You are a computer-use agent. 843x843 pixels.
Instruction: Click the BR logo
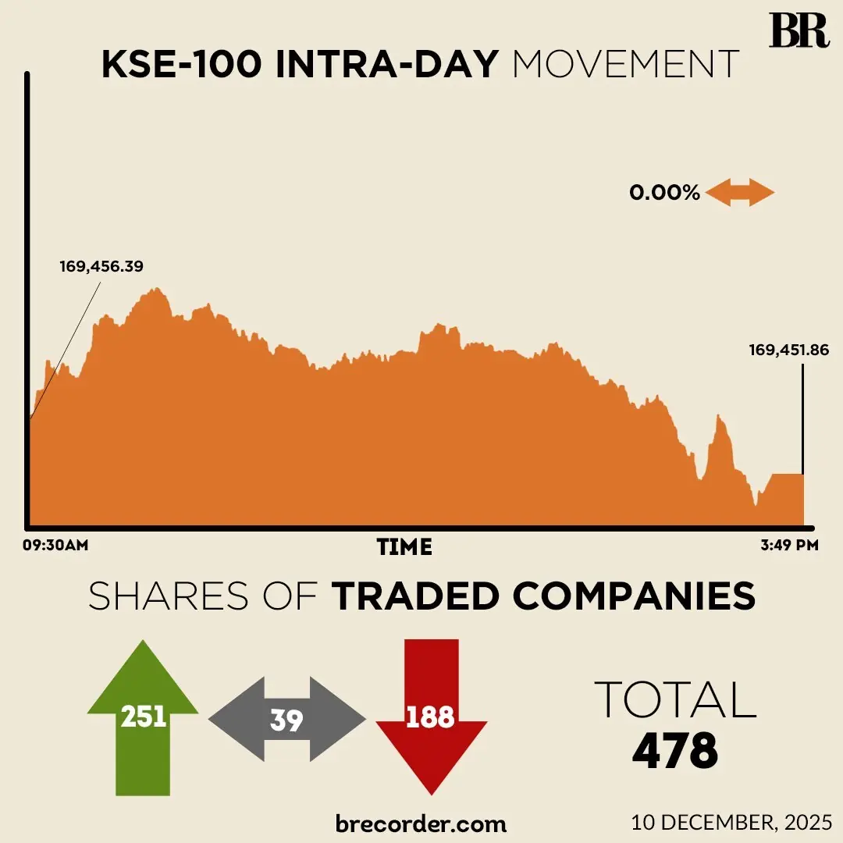pos(799,30)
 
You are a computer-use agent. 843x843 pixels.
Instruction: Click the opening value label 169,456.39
pos(101,266)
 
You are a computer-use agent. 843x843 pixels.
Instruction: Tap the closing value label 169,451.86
pos(788,350)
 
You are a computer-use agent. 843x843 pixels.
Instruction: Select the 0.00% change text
pos(665,193)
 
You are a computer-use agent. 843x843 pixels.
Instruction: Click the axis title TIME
pos(404,546)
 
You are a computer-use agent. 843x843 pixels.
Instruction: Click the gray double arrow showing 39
pos(286,720)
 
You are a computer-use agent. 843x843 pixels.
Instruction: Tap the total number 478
pos(675,752)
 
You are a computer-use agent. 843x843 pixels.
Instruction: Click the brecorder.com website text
pos(421,823)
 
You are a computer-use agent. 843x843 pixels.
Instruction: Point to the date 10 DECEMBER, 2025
pos(732,822)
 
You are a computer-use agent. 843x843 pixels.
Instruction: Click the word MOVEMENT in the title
pos(625,66)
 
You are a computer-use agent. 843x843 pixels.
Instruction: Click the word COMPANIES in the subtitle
pos(634,597)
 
